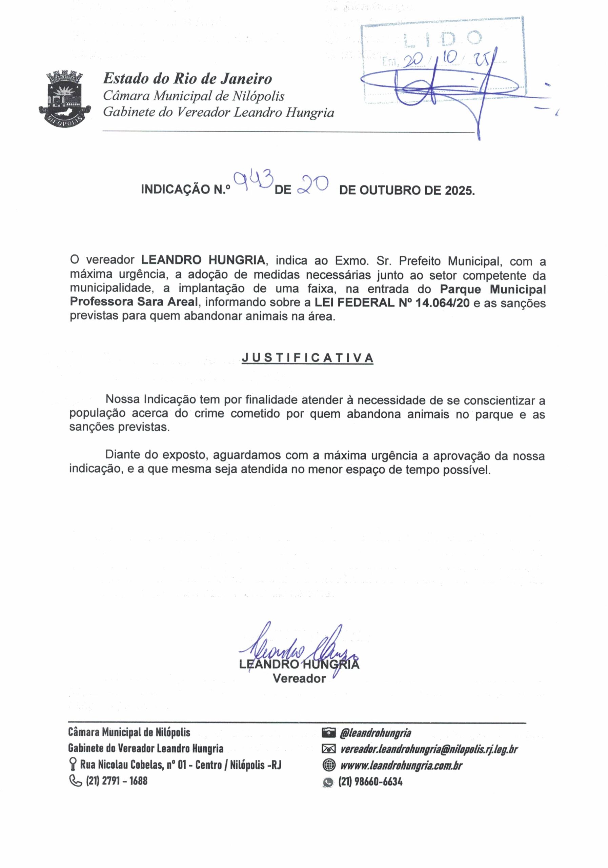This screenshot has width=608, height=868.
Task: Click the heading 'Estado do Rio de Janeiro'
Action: click(187, 79)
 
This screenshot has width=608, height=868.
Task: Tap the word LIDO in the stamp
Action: click(443, 39)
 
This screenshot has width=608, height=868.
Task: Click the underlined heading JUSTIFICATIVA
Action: click(308, 358)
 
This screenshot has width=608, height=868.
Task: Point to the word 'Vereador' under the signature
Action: click(299, 678)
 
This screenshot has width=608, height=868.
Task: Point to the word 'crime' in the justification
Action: click(208, 414)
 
